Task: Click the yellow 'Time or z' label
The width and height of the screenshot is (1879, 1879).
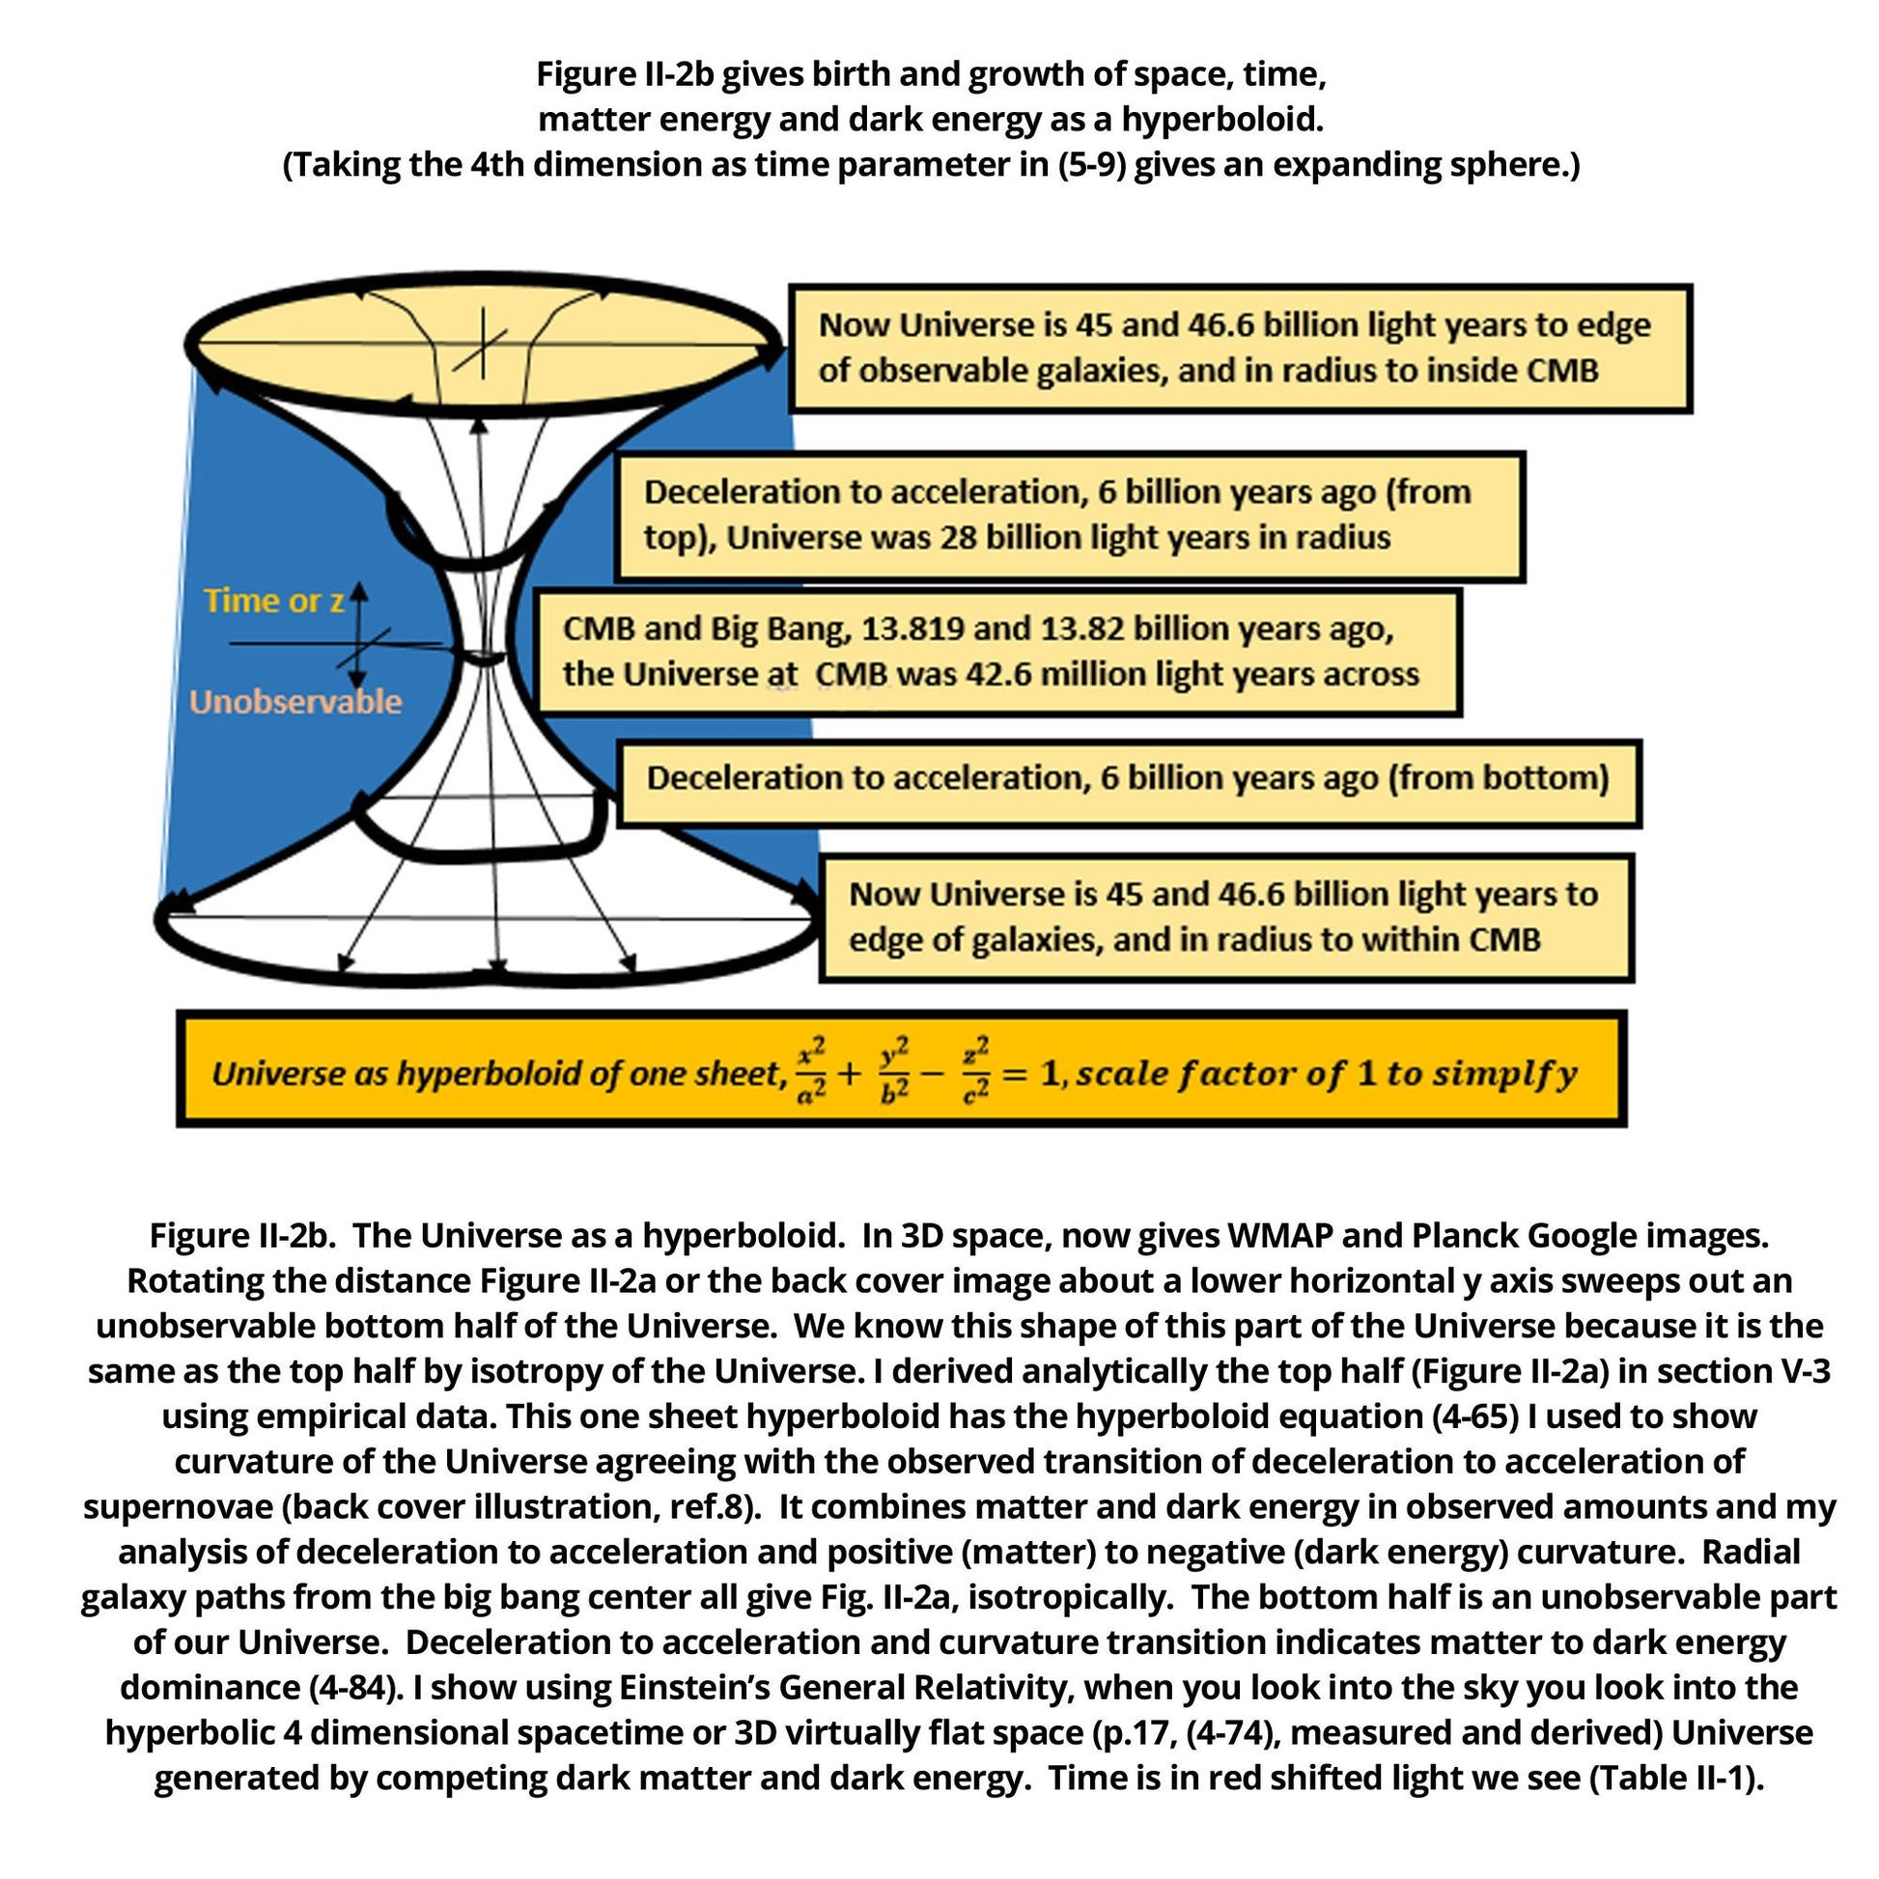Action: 274,601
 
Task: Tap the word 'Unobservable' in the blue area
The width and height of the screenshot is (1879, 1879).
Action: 295,701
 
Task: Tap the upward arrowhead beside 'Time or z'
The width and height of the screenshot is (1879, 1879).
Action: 359,590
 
